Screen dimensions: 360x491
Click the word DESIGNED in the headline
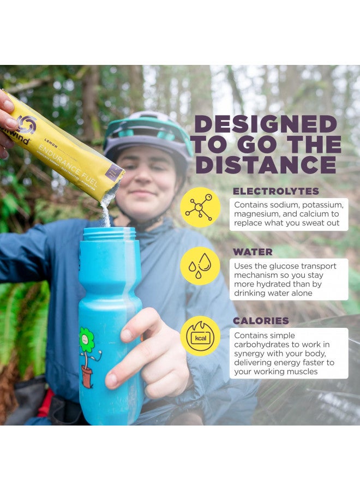click(x=266, y=124)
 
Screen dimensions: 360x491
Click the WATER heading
click(x=253, y=252)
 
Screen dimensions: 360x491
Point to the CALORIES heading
click(x=261, y=321)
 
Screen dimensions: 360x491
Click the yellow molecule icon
click(x=200, y=207)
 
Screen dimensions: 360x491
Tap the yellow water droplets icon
click(x=200, y=266)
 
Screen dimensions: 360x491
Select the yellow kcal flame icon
click(x=200, y=336)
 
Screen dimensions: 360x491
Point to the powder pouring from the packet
click(x=107, y=208)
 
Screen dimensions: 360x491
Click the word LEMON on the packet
click(x=51, y=143)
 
